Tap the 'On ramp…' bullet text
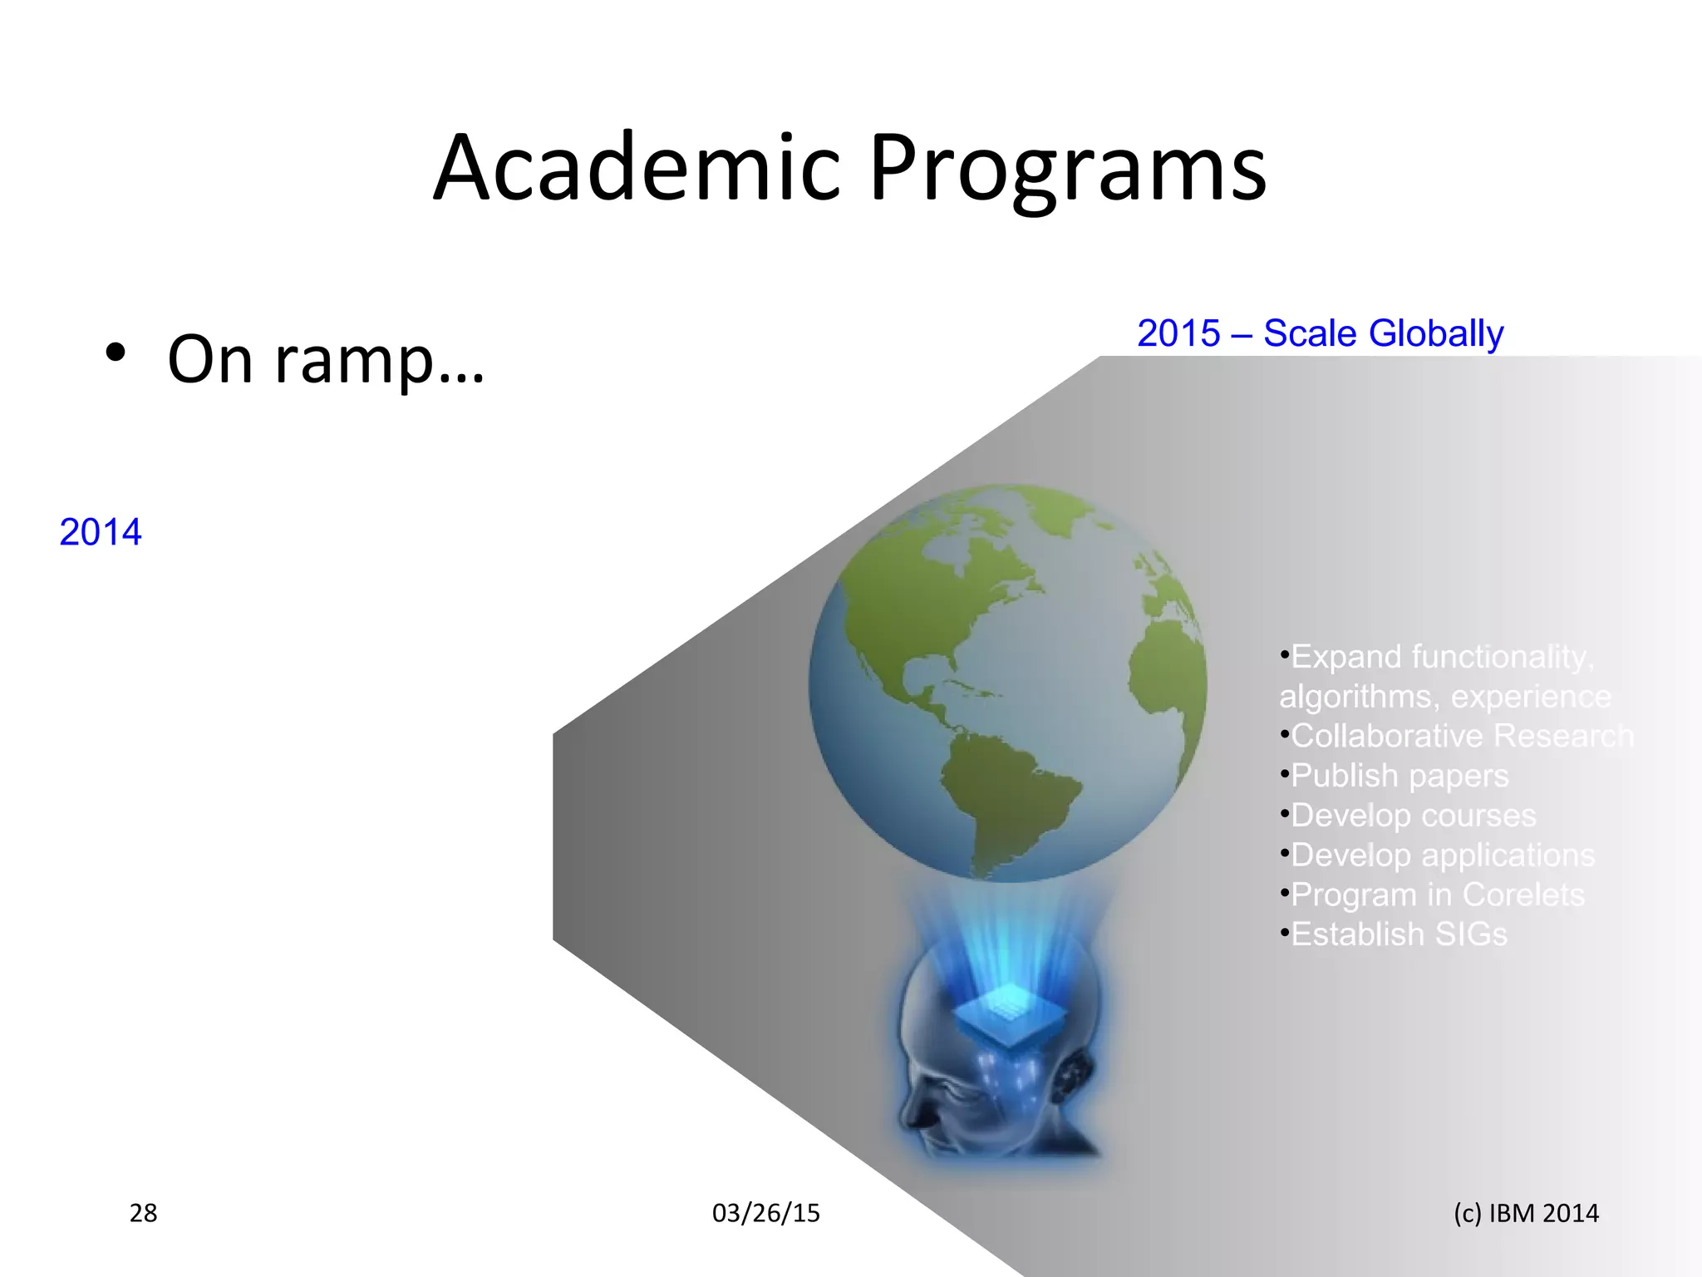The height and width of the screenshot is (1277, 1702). coord(325,359)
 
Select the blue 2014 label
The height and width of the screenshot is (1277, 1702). coord(101,532)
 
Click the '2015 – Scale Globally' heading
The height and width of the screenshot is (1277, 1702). coord(1320,333)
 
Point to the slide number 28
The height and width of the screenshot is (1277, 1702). coord(143,1213)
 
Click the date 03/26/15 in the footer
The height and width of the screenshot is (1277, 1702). coord(765,1213)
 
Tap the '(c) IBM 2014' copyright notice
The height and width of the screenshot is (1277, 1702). coord(1526,1213)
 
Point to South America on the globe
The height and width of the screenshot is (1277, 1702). coord(1006,790)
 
